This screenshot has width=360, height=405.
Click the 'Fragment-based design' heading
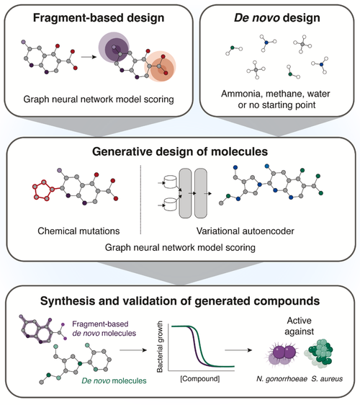(99, 18)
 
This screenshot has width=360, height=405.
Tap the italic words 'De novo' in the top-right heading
(257, 18)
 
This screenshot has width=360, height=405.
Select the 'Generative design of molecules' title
(180, 151)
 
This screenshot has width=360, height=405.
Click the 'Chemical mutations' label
(78, 231)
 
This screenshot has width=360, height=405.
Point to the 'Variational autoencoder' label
(246, 231)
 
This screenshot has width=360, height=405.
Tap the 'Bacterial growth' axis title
(160, 347)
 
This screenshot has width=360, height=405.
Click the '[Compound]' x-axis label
(200, 378)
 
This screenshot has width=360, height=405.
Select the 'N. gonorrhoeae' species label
(282, 379)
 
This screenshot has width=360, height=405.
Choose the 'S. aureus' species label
(327, 379)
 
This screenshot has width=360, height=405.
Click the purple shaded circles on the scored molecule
(114, 48)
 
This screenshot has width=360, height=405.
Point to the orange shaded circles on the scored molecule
(160, 66)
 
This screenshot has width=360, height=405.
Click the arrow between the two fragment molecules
(89, 57)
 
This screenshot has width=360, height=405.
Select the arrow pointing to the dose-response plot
(133, 350)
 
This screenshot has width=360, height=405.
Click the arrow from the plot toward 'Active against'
(238, 350)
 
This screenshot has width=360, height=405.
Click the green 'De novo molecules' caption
(114, 380)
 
